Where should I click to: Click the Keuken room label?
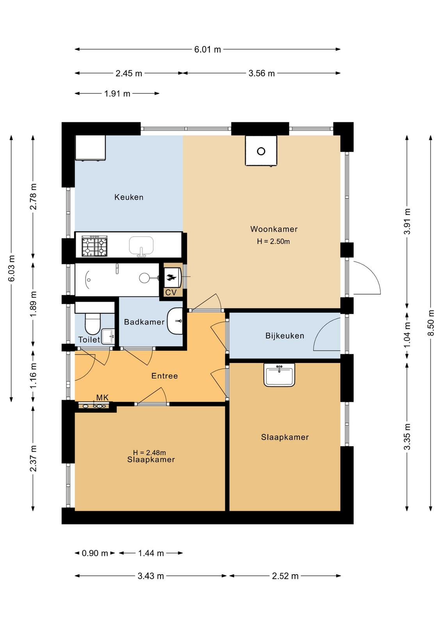click(129, 197)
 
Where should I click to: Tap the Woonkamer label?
click(274, 229)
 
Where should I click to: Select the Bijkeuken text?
click(285, 336)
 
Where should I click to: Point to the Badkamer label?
click(144, 322)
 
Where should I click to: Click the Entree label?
click(164, 376)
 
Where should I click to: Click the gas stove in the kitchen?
click(94, 246)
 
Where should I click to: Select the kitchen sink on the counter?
click(141, 246)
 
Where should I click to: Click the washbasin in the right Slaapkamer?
click(279, 375)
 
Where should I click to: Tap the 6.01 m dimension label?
click(207, 50)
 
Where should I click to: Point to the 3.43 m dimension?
click(151, 576)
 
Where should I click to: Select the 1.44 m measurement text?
click(151, 553)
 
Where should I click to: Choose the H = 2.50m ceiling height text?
click(273, 241)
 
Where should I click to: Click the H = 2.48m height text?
click(150, 452)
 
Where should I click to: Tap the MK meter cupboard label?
click(102, 397)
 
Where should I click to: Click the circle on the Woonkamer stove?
click(261, 151)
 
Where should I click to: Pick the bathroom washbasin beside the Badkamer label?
click(175, 321)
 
